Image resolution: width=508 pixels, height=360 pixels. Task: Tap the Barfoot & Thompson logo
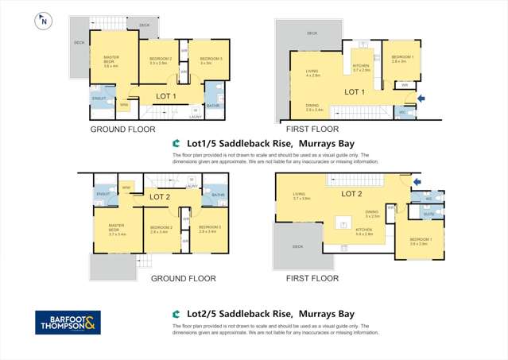68,323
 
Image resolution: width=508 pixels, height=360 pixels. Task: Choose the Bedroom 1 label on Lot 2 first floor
419,241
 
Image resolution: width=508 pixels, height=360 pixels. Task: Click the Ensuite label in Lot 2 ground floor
103,193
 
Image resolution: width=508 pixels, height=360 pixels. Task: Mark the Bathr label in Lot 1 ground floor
213,105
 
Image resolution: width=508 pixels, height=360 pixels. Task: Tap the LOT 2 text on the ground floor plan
161,196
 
